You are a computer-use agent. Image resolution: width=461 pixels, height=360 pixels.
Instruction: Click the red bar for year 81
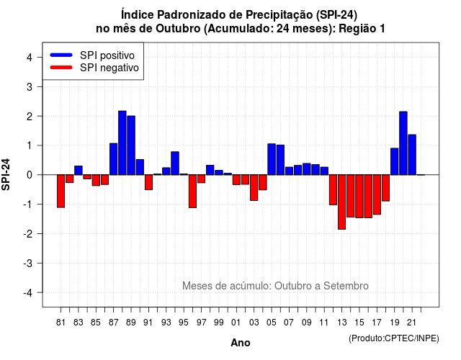[61, 191]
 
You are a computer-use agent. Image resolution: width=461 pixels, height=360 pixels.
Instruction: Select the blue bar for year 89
[131, 145]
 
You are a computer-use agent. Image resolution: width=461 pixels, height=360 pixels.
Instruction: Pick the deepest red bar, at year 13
[341, 202]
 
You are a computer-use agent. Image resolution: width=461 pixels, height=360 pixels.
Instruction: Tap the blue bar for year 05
[272, 159]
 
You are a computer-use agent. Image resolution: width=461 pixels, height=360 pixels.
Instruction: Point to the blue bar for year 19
[395, 161]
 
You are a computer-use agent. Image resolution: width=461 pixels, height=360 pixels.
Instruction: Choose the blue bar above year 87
[114, 159]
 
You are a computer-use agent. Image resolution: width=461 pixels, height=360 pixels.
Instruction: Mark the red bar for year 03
[254, 187]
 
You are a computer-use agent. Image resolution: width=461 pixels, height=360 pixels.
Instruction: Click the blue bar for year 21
[412, 155]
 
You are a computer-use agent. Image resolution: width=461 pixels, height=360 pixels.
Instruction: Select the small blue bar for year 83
[79, 170]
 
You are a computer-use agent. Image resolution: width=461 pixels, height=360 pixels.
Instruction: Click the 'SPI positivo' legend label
[107, 55]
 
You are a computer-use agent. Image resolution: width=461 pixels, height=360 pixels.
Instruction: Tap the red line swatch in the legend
[61, 67]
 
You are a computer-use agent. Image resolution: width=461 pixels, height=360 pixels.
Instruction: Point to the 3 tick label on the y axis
[30, 86]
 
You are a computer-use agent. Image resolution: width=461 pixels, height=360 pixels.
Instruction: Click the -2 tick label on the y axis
[28, 233]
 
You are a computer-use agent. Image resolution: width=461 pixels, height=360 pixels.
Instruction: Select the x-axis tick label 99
[219, 323]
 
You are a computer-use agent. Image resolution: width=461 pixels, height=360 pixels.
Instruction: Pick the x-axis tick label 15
[359, 323]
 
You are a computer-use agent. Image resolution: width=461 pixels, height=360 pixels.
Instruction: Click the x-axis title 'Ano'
[241, 343]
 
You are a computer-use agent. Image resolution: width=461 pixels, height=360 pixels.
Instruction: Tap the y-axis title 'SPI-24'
[6, 174]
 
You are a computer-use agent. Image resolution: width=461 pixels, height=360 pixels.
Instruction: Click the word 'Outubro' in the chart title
[178, 29]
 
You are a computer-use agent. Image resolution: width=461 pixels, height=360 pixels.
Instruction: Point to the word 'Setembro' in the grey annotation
[346, 286]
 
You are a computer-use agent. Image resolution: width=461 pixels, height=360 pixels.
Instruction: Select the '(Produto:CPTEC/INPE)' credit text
[394, 338]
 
